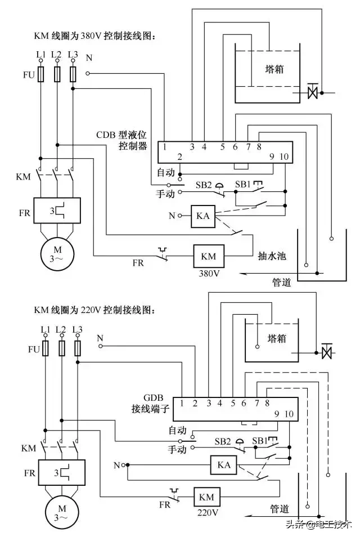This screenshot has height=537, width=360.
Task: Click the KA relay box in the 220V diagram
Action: pyautogui.click(x=222, y=466)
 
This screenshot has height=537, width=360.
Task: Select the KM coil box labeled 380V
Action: pyautogui.click(x=208, y=257)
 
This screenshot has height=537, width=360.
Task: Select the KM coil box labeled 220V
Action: pyautogui.click(x=206, y=498)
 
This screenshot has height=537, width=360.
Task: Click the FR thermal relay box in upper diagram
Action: pyautogui.click(x=57, y=211)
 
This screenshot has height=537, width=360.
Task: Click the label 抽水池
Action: pyautogui.click(x=273, y=256)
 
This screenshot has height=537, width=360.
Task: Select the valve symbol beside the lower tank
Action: pyautogui.click(x=326, y=353)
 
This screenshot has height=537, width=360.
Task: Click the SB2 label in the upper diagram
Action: pyautogui.click(x=204, y=184)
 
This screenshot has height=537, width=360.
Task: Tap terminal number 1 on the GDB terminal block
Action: pyautogui.click(x=183, y=402)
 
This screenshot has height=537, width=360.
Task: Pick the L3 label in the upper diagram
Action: pyautogui.click(x=72, y=55)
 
